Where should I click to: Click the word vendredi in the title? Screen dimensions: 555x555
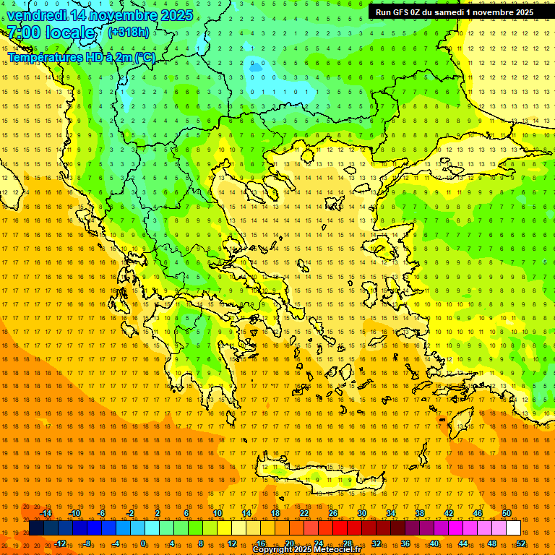(x=37, y=15)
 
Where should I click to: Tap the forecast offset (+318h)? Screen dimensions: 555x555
(x=129, y=32)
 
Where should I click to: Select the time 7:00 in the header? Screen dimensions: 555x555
(x=22, y=33)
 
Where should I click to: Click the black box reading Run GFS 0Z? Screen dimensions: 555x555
(x=453, y=12)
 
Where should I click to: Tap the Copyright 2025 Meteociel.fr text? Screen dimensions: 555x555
(x=306, y=550)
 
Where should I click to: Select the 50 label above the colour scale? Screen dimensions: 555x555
(x=507, y=513)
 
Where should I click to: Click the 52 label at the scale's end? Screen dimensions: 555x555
(x=521, y=543)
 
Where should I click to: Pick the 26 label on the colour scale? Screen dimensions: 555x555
(x=333, y=513)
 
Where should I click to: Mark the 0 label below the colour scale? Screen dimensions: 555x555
(x=143, y=543)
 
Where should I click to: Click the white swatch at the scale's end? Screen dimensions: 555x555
(x=513, y=528)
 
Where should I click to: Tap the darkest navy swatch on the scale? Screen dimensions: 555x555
(x=36, y=528)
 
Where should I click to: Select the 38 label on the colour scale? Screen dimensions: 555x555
(x=420, y=513)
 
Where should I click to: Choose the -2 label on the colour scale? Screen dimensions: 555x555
(x=130, y=513)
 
